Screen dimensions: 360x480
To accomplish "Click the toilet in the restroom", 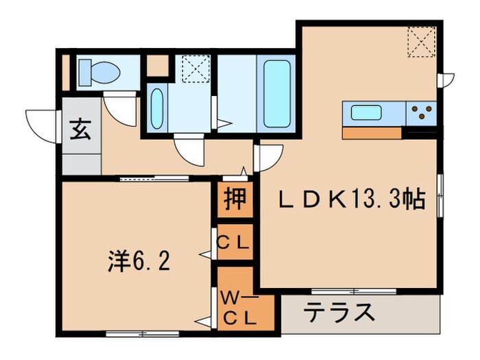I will (x=99, y=69).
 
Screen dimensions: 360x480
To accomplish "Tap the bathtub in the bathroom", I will (x=276, y=93).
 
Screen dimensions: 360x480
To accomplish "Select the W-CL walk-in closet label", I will (x=238, y=308).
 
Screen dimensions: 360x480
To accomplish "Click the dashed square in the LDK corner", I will (x=420, y=40).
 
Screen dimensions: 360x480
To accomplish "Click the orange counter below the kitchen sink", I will (x=372, y=132).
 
